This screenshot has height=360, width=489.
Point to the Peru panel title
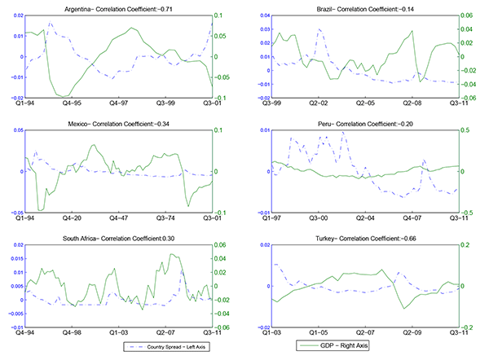pyautogui.click(x=364, y=123)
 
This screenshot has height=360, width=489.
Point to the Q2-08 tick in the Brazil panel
pyautogui.click(x=411, y=104)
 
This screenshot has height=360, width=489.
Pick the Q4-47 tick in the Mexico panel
pyautogui.click(x=119, y=219)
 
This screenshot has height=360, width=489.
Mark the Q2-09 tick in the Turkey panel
pyautogui.click(x=411, y=333)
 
